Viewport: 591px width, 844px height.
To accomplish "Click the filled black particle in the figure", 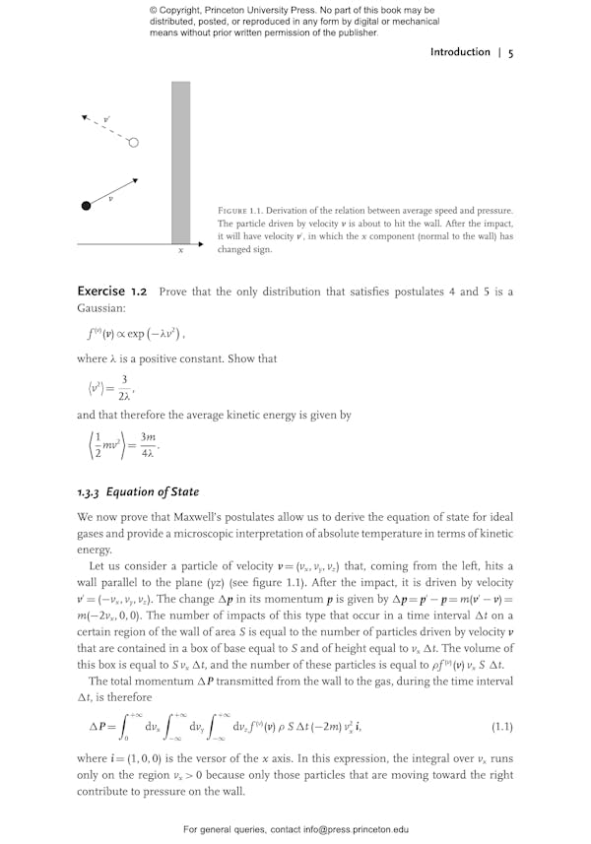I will pyautogui.click(x=86, y=205).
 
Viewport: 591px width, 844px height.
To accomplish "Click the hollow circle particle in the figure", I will pyautogui.click(x=133, y=143).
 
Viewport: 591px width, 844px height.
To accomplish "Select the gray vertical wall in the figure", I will pyautogui.click(x=180, y=162).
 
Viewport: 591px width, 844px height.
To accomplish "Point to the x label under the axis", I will pyautogui.click(x=180, y=251).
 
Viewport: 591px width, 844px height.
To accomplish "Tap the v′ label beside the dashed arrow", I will pyautogui.click(x=106, y=118).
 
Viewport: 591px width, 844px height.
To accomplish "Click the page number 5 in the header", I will pyautogui.click(x=510, y=52).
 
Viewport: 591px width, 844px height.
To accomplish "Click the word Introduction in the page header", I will pyautogui.click(x=460, y=52).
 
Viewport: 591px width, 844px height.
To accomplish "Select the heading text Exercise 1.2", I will pyautogui.click(x=112, y=292).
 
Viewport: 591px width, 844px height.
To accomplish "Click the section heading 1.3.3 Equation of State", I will pyautogui.click(x=138, y=491).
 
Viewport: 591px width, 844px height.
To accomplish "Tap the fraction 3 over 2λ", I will pyautogui.click(x=123, y=389).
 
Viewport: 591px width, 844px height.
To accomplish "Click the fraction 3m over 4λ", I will pyautogui.click(x=148, y=446).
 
